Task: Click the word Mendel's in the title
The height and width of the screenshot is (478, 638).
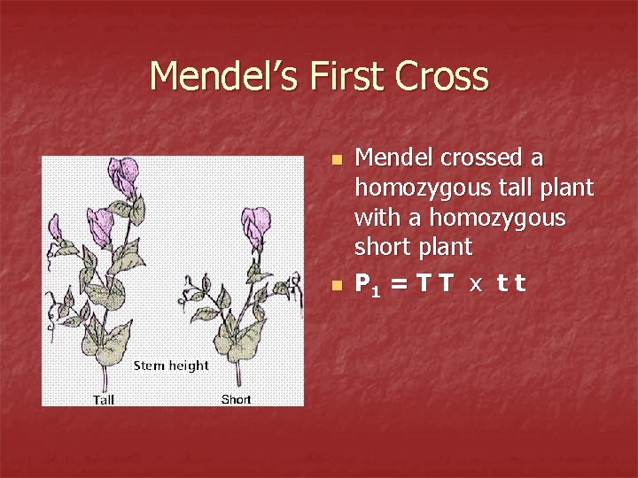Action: [224, 76]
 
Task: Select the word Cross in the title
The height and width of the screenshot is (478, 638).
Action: [442, 76]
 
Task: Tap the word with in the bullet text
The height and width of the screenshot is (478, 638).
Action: [375, 217]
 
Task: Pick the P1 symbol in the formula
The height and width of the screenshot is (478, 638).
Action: [366, 284]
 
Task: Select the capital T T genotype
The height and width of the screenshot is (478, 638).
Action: [436, 283]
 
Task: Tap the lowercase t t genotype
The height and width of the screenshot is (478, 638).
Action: [511, 284]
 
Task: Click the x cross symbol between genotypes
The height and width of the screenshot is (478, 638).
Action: [476, 285]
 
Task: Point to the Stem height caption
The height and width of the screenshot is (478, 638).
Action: [171, 366]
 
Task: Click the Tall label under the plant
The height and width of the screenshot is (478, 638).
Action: [104, 399]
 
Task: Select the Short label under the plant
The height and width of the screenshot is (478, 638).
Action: [236, 399]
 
